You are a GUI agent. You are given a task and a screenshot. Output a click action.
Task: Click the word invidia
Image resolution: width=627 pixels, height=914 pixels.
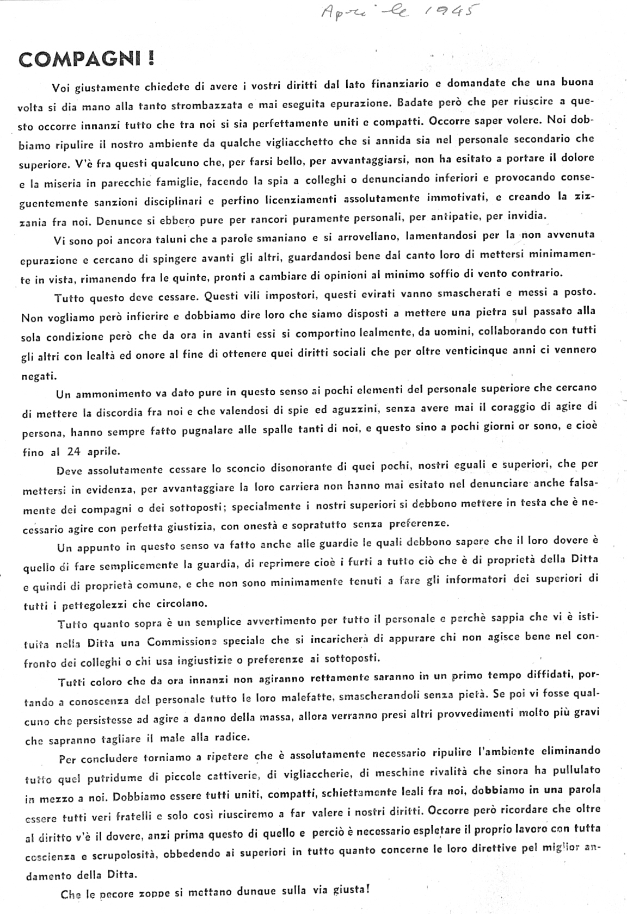coord(525,216)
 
